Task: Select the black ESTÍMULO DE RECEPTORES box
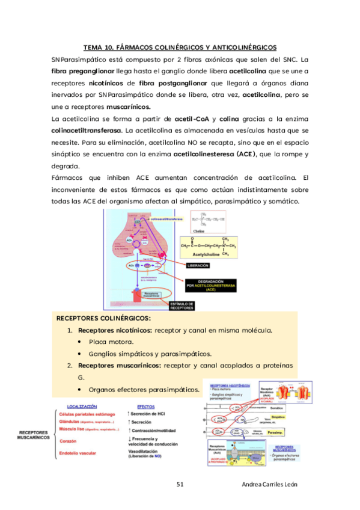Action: click(x=182, y=306)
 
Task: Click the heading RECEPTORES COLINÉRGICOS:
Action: click(x=103, y=318)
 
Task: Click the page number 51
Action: click(x=180, y=484)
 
